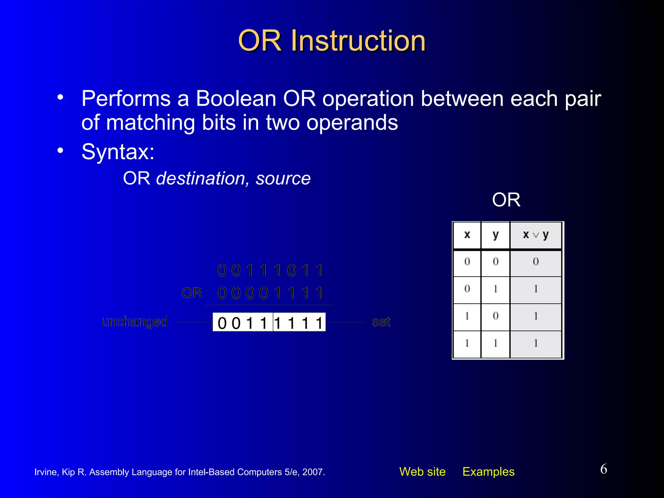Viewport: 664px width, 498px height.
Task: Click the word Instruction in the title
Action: click(x=358, y=41)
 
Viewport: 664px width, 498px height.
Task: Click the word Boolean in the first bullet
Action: click(x=236, y=99)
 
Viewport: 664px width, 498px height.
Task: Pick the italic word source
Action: click(x=283, y=179)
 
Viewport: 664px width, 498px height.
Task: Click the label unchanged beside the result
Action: click(x=135, y=322)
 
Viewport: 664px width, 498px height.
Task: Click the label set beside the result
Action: click(x=381, y=322)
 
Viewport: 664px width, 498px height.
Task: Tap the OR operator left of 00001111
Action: click(x=192, y=293)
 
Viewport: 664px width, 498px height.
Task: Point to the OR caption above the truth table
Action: click(x=506, y=200)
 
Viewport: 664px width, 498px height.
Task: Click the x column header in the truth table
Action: click(x=467, y=235)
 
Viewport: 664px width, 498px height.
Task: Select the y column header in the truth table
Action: click(x=495, y=235)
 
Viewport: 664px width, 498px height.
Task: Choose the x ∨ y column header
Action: click(x=536, y=235)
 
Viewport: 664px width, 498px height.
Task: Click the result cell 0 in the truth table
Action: click(x=536, y=262)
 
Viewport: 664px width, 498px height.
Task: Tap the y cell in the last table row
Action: click(x=495, y=343)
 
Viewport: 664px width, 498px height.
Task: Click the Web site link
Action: click(x=422, y=472)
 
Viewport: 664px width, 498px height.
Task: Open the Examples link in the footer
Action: click(x=488, y=472)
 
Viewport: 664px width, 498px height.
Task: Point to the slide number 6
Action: click(x=603, y=469)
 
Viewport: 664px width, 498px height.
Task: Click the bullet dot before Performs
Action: click(x=60, y=98)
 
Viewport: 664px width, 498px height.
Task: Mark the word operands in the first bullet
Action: click(x=352, y=123)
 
